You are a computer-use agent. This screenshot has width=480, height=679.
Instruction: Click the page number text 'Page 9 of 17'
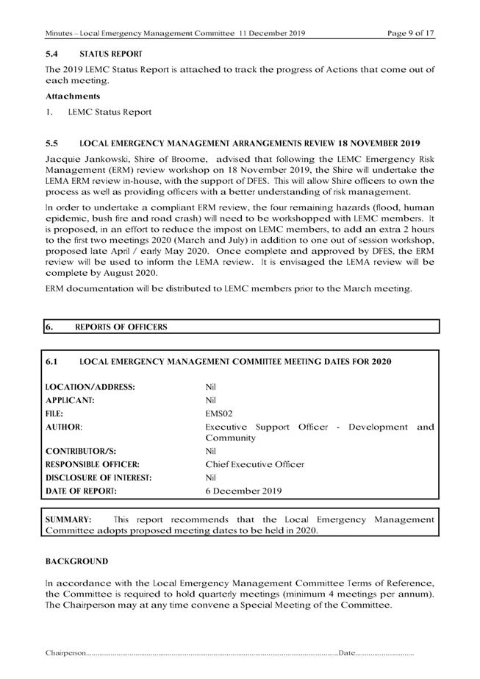[x=411, y=34]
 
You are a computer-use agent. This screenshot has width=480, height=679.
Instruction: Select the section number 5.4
[x=52, y=54]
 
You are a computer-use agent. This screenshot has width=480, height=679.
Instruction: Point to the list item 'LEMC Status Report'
[x=110, y=112]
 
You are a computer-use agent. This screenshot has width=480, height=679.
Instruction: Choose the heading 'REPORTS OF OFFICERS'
[x=121, y=327]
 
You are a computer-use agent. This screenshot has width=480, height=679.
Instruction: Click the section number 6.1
[x=52, y=361]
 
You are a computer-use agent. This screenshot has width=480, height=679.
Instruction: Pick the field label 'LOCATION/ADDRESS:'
[x=90, y=387]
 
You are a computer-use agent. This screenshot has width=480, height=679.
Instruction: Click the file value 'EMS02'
[x=221, y=413]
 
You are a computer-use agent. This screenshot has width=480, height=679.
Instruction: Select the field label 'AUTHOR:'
[x=64, y=427]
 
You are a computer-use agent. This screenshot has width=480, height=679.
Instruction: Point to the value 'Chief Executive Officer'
[x=254, y=464]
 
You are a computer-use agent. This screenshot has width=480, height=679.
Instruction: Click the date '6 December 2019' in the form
[x=243, y=491]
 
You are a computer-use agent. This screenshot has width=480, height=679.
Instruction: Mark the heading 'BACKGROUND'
[x=76, y=561]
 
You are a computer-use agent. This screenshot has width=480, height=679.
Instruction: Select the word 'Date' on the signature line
[x=345, y=653]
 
